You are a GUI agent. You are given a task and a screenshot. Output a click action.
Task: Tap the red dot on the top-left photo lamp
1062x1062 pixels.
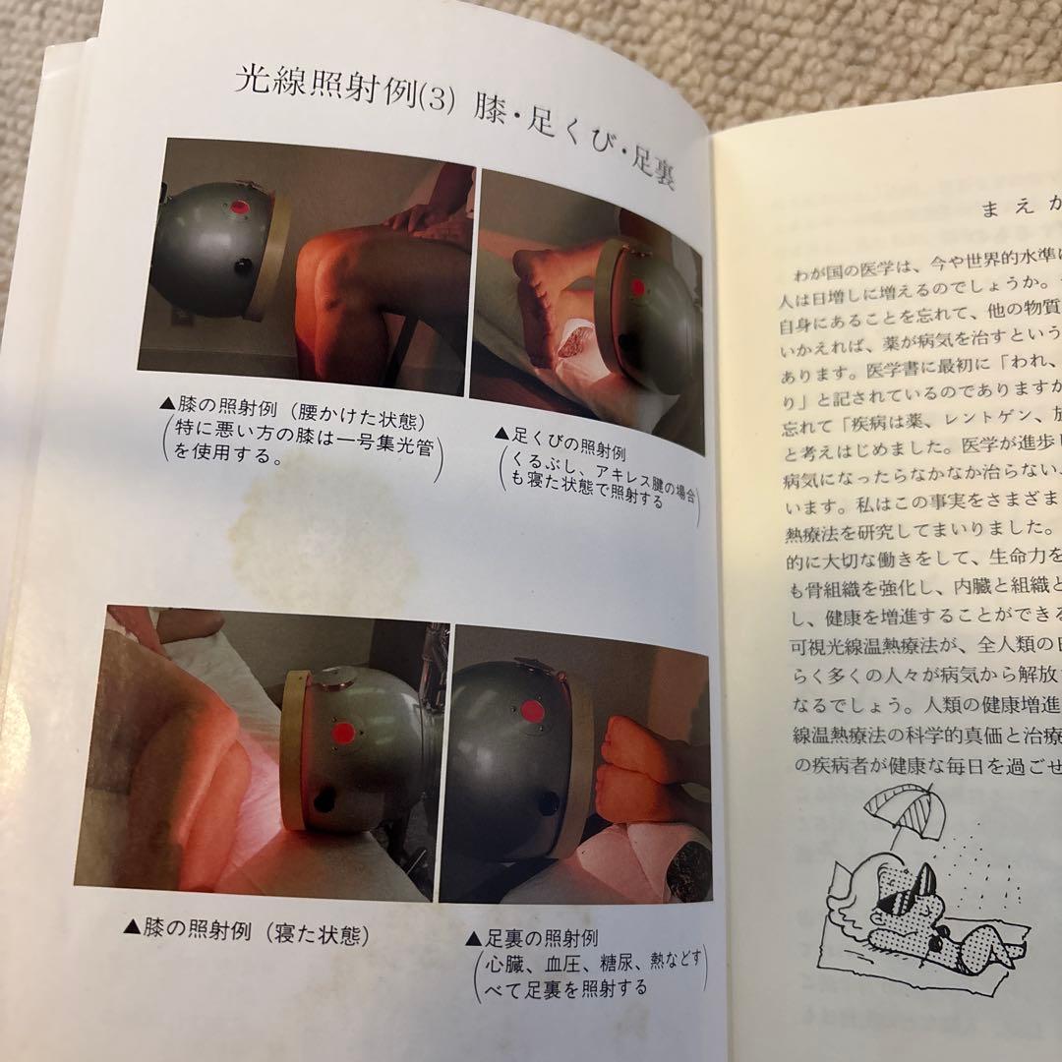(x=239, y=208)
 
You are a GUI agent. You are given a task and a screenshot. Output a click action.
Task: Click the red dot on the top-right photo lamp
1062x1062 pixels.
(x=637, y=288)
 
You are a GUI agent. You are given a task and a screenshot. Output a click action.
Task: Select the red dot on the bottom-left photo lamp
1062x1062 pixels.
(x=344, y=733)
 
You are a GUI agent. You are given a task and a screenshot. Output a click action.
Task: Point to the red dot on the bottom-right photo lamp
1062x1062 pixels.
(x=532, y=710)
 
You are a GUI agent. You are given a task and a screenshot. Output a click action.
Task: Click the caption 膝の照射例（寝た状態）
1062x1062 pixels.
(x=246, y=930)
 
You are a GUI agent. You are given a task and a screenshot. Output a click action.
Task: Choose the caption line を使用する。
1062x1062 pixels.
(x=222, y=454)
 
